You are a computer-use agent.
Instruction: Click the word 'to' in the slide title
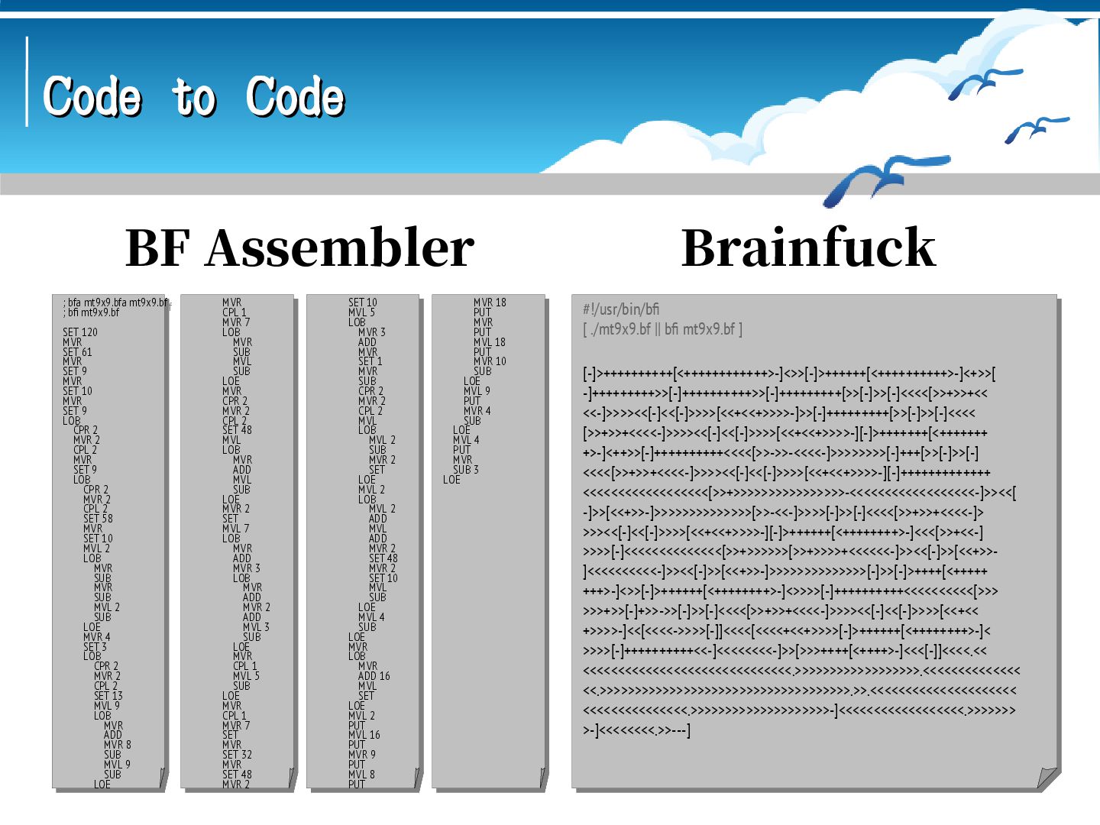(192, 98)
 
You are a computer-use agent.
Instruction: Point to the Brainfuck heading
(808, 248)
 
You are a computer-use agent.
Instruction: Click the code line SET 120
(80, 332)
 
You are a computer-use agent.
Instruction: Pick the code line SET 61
(77, 352)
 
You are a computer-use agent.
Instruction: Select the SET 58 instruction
(98, 519)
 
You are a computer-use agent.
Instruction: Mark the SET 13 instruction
(108, 696)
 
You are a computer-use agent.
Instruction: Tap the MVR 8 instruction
(117, 745)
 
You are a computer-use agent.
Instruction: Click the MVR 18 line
(490, 302)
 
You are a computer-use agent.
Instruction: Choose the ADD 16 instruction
(374, 676)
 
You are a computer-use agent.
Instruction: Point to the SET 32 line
(237, 755)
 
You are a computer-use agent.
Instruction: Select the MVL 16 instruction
(364, 735)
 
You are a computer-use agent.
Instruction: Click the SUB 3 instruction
(465, 470)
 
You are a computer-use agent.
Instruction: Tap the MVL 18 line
(489, 342)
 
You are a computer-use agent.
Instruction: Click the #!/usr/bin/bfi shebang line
(620, 309)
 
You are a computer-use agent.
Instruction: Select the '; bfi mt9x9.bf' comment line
(91, 312)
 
